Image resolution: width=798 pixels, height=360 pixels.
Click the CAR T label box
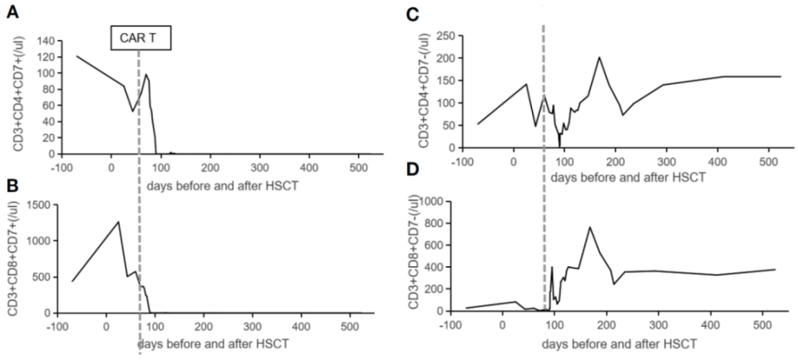(140, 38)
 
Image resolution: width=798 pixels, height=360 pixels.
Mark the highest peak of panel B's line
(119, 221)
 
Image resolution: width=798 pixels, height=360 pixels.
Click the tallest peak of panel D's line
(589, 227)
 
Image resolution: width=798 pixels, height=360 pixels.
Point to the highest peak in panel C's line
(598, 57)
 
